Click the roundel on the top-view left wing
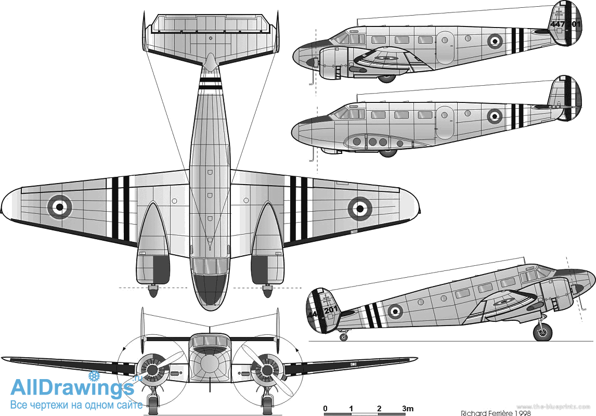tap(60, 207)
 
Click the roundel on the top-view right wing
tap(359, 208)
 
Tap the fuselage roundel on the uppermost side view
tap(495, 40)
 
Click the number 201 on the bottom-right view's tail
tap(331, 310)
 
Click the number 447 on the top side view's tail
tap(557, 23)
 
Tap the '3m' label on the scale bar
tap(407, 407)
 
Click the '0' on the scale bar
tap(325, 407)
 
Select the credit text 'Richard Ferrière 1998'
tap(496, 413)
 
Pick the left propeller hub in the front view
tap(152, 370)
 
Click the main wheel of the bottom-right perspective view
tap(542, 331)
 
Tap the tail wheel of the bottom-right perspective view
tap(343, 337)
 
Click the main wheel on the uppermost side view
tap(386, 78)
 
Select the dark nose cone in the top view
tap(210, 291)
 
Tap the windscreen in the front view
tap(210, 341)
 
